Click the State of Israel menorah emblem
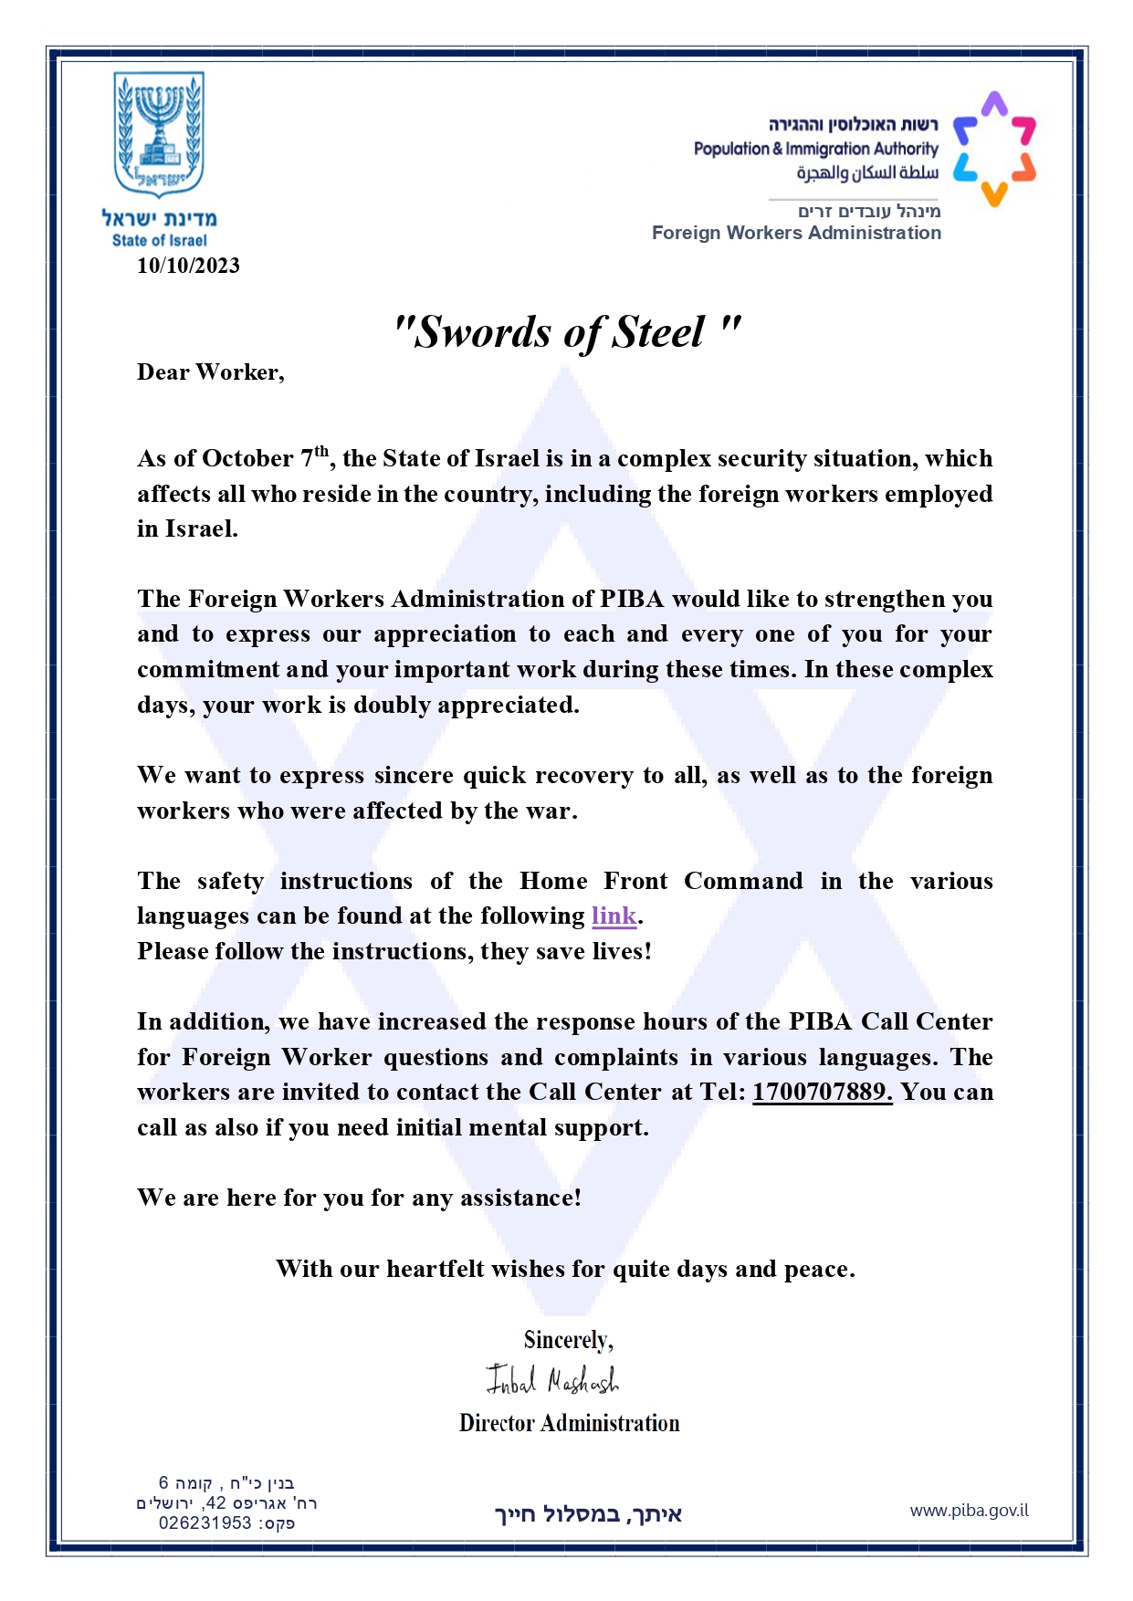159,133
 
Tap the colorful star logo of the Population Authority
994,148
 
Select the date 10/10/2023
188,266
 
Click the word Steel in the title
658,332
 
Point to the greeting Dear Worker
210,372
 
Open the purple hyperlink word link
614,916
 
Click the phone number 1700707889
821,1092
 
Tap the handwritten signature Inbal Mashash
551,1380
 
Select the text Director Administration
569,1423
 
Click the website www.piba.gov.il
969,1511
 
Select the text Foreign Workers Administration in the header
796,233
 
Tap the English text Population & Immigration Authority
815,148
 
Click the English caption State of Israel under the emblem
159,241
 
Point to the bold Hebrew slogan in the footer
588,1514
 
